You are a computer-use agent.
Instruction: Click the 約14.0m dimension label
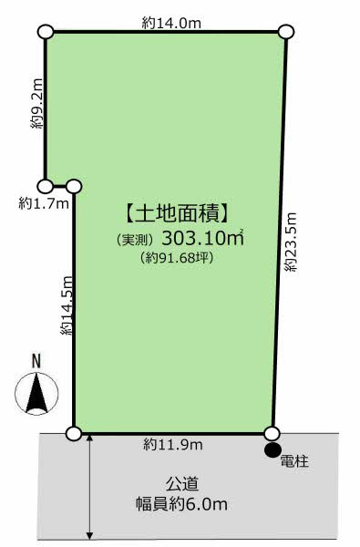[171, 24]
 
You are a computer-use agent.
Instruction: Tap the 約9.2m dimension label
[37, 103]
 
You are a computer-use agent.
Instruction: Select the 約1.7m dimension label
[44, 203]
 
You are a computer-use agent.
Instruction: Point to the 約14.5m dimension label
[67, 305]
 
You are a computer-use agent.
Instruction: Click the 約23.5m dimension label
[291, 242]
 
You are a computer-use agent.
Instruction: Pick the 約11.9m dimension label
[173, 445]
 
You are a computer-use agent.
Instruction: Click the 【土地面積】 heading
[177, 213]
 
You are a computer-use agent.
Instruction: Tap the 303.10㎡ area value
[202, 239]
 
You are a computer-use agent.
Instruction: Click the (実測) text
[136, 240]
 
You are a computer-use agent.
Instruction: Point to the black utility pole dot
[273, 449]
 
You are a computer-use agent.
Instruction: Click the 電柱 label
[294, 461]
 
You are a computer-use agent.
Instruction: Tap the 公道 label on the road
[181, 484]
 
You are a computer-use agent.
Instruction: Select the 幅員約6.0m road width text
[181, 504]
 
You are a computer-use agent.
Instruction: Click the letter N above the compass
[36, 361]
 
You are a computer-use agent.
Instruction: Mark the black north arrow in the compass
[36, 393]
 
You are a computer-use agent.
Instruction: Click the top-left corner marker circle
[46, 32]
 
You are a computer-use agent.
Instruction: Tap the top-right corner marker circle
[286, 32]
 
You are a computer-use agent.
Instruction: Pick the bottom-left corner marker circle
[74, 434]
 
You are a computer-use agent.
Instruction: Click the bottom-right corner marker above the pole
[272, 434]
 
